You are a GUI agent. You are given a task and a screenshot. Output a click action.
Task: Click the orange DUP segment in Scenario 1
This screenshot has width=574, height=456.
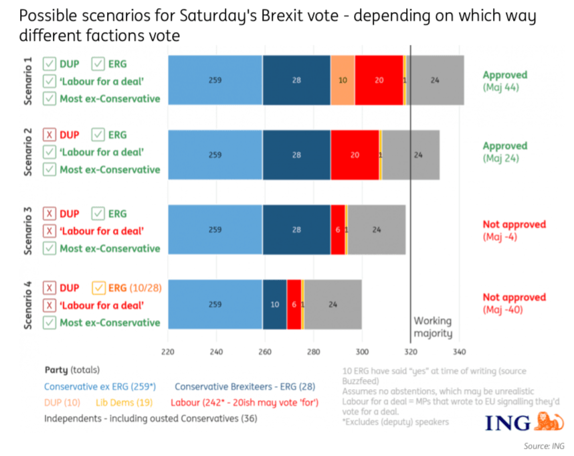[x=343, y=80]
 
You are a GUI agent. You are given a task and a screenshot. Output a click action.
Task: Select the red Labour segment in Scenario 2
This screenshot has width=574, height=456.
[x=355, y=155]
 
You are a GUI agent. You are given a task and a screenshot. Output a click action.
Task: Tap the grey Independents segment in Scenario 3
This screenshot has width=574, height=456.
[x=377, y=230]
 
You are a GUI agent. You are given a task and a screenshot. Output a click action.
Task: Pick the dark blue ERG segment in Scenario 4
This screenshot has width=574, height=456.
[x=274, y=304]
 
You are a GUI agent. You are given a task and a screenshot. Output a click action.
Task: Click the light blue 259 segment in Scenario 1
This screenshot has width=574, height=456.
[x=215, y=80]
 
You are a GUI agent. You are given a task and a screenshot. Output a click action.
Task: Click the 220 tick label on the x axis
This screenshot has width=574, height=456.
[x=168, y=352]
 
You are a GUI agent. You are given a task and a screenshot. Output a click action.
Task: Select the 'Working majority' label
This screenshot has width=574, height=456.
[x=433, y=327]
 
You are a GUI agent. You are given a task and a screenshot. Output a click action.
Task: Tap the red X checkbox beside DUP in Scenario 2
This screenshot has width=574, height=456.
[x=50, y=135]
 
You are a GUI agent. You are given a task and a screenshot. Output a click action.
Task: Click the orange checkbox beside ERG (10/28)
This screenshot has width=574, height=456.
[x=98, y=288]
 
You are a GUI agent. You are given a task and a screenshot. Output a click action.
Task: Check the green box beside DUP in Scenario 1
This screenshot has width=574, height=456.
[x=50, y=64]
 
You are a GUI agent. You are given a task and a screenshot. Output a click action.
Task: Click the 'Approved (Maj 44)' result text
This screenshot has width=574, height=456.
[x=504, y=80]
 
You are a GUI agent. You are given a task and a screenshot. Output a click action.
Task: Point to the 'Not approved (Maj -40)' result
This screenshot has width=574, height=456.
[x=514, y=303]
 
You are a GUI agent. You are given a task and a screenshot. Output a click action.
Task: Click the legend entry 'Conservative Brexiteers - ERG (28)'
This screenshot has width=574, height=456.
[x=245, y=386]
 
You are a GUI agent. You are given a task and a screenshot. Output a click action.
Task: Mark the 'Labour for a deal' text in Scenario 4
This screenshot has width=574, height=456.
[x=102, y=305]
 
